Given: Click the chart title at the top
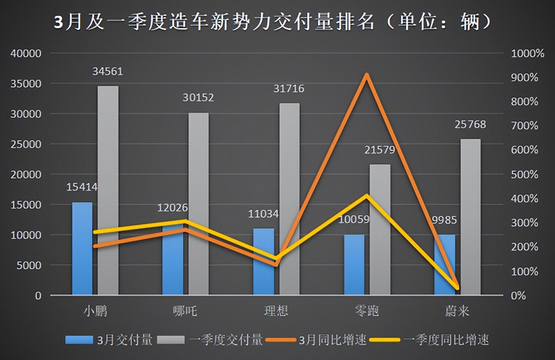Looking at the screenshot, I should [x=273, y=22].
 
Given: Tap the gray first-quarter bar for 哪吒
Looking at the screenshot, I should [x=198, y=204].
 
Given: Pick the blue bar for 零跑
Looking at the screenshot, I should [x=354, y=265].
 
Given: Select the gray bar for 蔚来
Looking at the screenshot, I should [x=470, y=217].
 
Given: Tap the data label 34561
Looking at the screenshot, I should [x=108, y=71].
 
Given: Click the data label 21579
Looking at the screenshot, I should [x=380, y=150].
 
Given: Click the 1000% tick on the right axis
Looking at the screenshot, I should [x=527, y=53].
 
